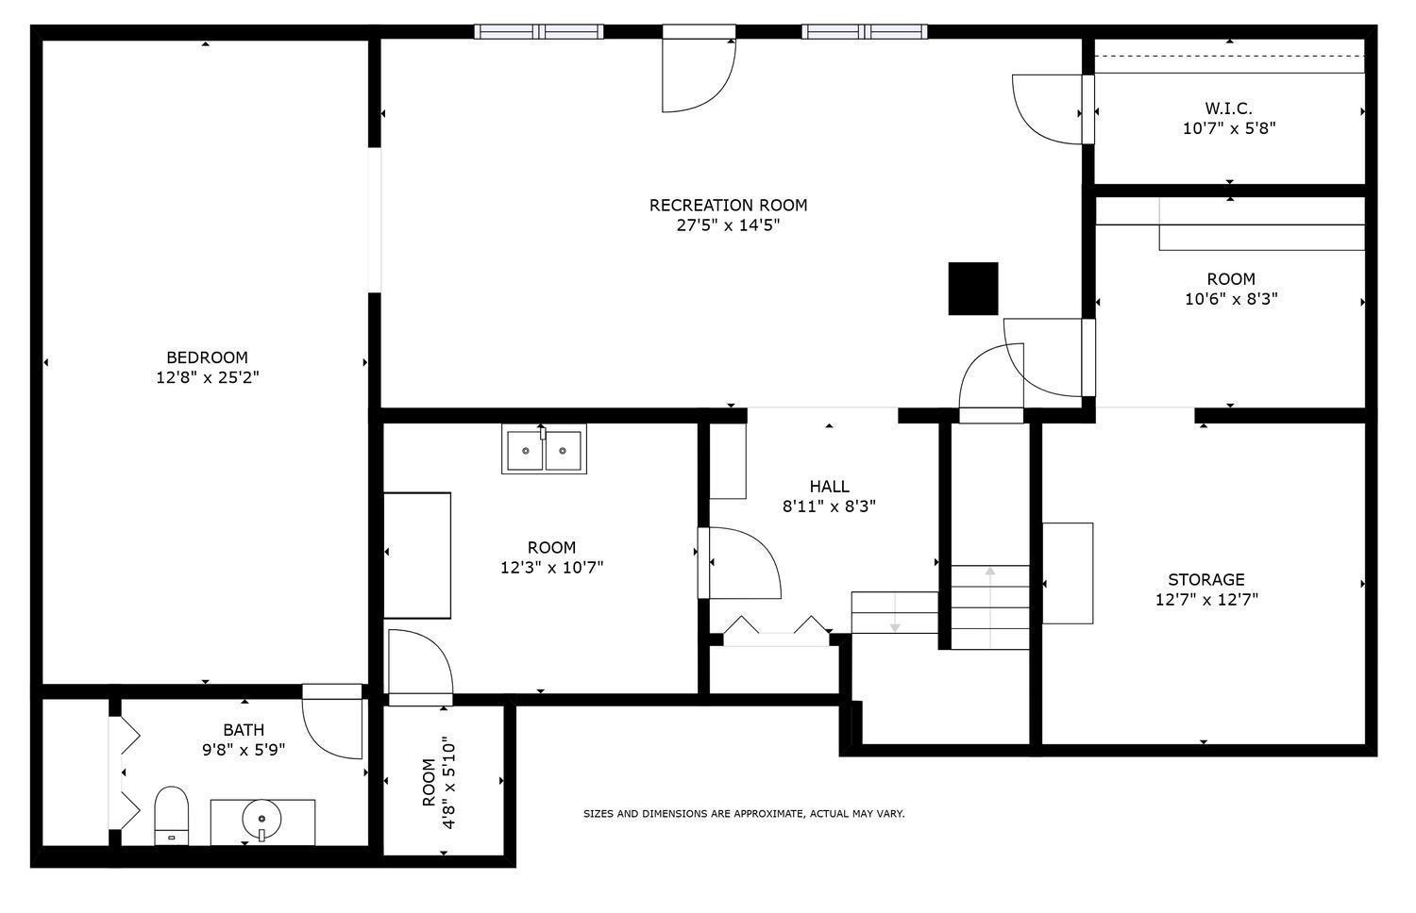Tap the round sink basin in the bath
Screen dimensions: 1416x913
pos(261,819)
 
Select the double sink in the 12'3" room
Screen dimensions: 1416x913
pos(545,449)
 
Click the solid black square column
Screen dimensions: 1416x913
pos(973,289)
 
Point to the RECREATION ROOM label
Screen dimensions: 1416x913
pos(728,206)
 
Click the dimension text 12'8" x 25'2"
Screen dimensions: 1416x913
pos(208,377)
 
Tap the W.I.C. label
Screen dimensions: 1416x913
pos(1229,108)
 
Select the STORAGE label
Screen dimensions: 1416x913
pos(1206,580)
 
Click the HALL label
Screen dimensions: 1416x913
pos(830,486)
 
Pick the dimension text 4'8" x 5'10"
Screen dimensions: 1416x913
pos(448,782)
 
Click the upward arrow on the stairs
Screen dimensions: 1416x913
pos(990,607)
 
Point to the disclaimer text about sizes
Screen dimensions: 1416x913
pos(744,814)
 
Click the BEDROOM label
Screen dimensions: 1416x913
pos(208,357)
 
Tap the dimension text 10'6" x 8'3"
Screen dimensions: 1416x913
pos(1231,299)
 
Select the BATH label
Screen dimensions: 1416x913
pos(244,730)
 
